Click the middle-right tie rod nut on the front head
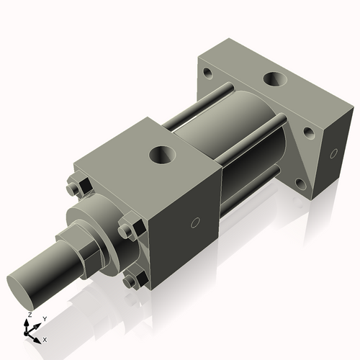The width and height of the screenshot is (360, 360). coord(127,231)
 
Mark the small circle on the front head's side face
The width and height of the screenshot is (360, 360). coord(194,224)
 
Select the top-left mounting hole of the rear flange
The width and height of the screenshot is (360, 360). coord(207,73)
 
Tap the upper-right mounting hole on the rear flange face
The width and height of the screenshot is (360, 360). coord(309,133)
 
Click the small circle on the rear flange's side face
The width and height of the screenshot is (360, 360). coord(333,153)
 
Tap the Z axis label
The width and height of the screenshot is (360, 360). coord(29,315)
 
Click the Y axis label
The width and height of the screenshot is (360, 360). coord(44,318)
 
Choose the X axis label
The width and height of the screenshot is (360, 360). coord(45,339)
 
